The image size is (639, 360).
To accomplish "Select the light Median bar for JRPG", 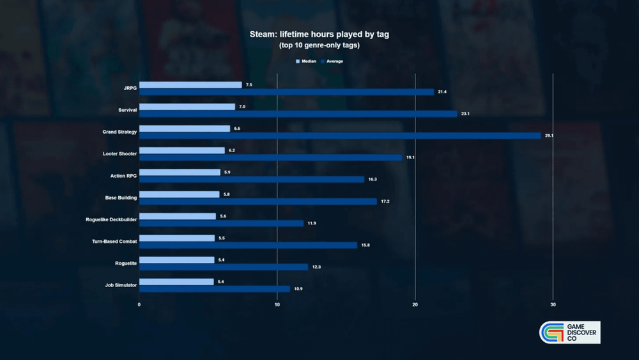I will (x=190, y=84).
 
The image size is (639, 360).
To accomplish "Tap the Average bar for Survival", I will (x=298, y=114).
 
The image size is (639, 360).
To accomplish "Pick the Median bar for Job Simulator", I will (x=176, y=282).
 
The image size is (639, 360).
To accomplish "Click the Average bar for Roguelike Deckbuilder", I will (x=221, y=223).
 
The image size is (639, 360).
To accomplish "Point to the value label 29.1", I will (x=548, y=136).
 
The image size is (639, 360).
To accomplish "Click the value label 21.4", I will (x=442, y=92).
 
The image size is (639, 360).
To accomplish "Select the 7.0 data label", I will (x=242, y=107).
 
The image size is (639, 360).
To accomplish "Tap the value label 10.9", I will (x=297, y=289).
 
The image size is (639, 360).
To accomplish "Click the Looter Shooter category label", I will (x=119, y=153).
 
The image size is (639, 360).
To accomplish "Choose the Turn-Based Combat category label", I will (x=114, y=241).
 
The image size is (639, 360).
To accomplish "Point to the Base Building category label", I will (x=121, y=198).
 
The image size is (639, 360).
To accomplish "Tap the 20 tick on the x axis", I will (x=415, y=304).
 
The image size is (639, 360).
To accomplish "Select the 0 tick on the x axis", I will (x=139, y=304).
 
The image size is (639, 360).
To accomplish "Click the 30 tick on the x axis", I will (x=553, y=304).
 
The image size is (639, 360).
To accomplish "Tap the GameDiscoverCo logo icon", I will (x=549, y=333).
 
